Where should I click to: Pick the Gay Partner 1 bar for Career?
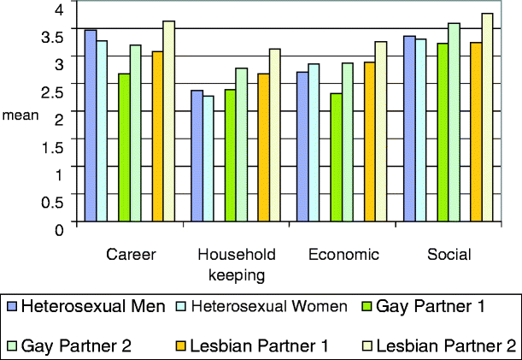click(x=124, y=149)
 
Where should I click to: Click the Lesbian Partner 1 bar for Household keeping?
click(x=263, y=150)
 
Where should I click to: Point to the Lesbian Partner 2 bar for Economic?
click(x=380, y=133)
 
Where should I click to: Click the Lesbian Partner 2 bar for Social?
click(x=487, y=119)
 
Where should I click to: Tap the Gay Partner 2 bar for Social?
click(x=454, y=124)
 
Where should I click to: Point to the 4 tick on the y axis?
click(x=59, y=9)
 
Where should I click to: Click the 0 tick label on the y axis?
click(x=59, y=227)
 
